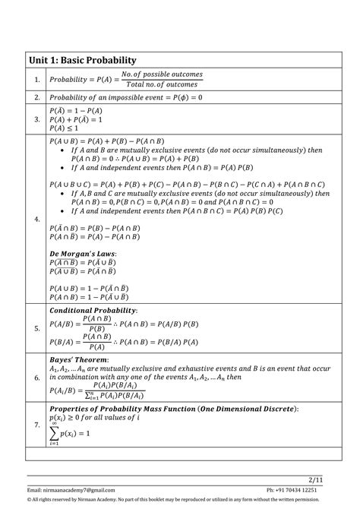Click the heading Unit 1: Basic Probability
coord(83,59)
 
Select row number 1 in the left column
coord(36,79)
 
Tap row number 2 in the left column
coord(36,97)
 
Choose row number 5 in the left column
coord(36,328)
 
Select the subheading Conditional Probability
coord(93,311)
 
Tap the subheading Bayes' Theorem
coord(79,359)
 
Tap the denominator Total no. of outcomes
coord(161,84)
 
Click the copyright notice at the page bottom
coord(180,501)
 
